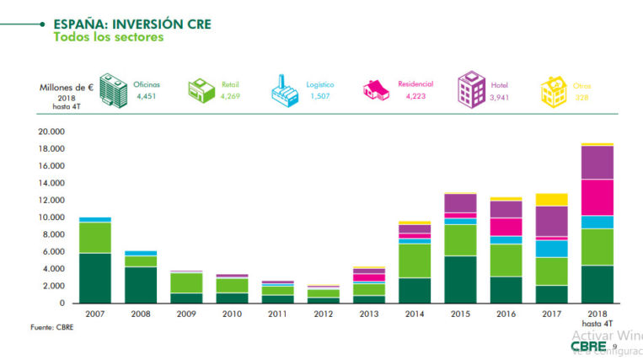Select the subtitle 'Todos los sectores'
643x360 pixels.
pos(108,37)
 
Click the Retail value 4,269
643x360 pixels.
pos(230,97)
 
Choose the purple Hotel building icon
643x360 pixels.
pos(471,89)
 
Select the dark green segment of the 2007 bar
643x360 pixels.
pos(95,277)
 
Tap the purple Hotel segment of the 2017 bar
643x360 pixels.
pos(552,221)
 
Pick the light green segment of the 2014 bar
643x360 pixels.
pos(414,261)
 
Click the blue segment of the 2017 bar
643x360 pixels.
pos(552,248)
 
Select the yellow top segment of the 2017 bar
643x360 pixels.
pos(552,200)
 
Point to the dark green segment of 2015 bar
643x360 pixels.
pos(459,279)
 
